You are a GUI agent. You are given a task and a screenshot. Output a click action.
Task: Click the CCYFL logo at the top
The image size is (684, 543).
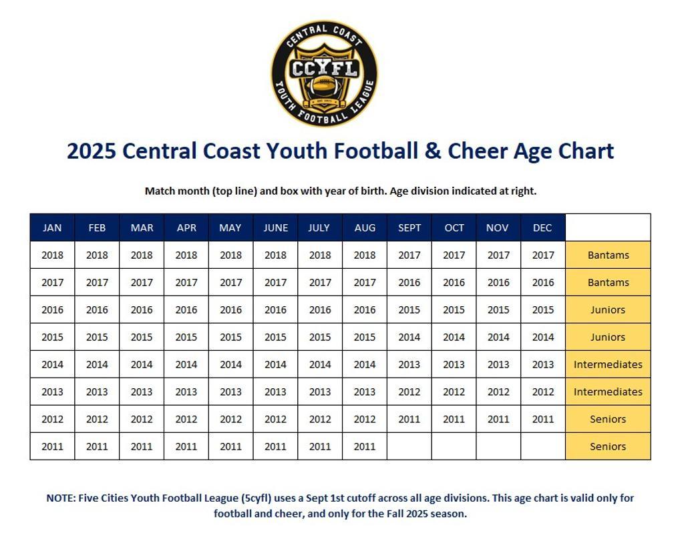pyautogui.click(x=324, y=73)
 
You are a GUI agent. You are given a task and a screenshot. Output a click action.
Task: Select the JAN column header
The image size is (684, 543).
pyautogui.click(x=52, y=227)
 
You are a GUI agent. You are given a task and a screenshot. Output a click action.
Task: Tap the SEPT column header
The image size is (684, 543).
pyautogui.click(x=409, y=227)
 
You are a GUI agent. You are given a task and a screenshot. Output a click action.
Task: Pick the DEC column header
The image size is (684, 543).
pyautogui.click(x=542, y=227)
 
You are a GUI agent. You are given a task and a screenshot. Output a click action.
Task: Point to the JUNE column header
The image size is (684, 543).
pyautogui.click(x=275, y=227)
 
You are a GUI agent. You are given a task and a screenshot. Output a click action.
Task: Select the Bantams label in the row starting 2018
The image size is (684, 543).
pyautogui.click(x=608, y=255)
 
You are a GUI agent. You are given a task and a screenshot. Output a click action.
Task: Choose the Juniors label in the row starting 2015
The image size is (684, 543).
pyautogui.click(x=608, y=337)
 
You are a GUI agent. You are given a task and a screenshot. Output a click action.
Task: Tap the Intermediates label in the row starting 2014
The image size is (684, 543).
pyautogui.click(x=608, y=364)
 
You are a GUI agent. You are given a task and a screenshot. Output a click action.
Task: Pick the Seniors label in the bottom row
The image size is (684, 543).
pyautogui.click(x=608, y=446)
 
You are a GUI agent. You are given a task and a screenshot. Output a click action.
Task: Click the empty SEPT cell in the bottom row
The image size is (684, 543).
pyautogui.click(x=409, y=446)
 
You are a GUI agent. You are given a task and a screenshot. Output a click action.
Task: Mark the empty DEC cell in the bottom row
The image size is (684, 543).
pyautogui.click(x=542, y=446)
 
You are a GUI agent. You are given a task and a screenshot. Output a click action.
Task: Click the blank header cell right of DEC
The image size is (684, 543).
pyautogui.click(x=608, y=227)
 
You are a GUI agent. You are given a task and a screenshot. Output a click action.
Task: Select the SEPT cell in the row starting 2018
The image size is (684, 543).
pyautogui.click(x=409, y=255)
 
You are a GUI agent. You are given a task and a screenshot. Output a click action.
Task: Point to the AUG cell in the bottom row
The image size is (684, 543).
pyautogui.click(x=365, y=446)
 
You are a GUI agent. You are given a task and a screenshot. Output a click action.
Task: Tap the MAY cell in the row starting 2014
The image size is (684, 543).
pyautogui.click(x=230, y=364)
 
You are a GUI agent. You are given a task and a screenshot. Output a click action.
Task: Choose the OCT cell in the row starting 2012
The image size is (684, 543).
pyautogui.click(x=454, y=419)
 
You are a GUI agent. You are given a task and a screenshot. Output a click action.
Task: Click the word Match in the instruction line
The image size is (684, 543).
pyautogui.click(x=160, y=191)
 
